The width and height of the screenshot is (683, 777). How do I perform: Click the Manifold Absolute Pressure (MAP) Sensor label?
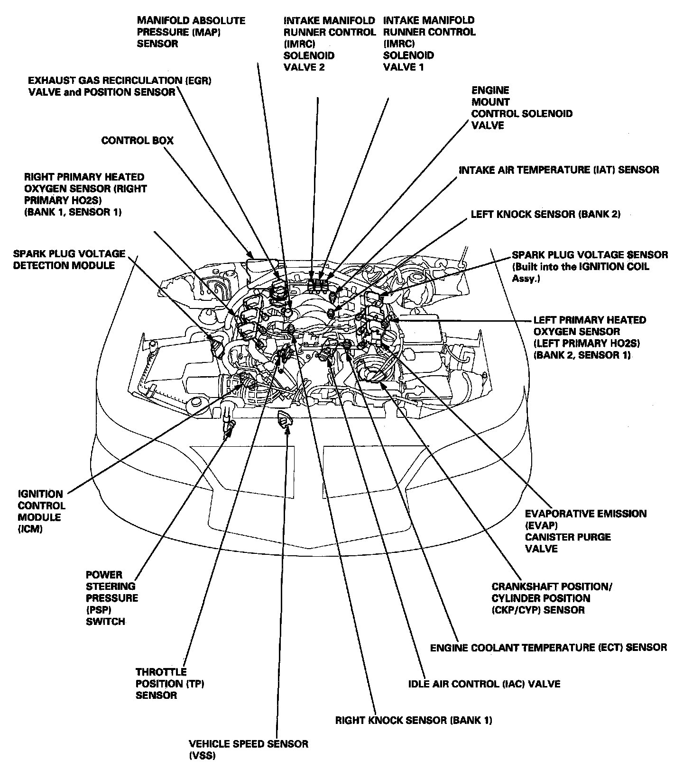click(x=191, y=32)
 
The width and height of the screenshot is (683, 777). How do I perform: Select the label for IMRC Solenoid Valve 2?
click(x=329, y=44)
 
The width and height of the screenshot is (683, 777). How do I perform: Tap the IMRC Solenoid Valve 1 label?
click(x=429, y=44)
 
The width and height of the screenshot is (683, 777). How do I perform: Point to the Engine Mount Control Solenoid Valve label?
click(x=521, y=108)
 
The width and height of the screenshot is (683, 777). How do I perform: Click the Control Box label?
click(x=138, y=141)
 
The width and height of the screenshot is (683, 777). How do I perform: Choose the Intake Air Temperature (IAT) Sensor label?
click(x=559, y=170)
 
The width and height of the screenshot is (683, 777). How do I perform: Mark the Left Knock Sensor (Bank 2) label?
click(x=545, y=214)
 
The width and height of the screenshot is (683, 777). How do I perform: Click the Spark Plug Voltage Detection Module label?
click(x=69, y=259)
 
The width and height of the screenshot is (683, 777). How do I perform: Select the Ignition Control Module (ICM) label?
click(x=42, y=511)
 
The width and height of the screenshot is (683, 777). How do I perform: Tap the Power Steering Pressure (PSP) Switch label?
click(x=112, y=598)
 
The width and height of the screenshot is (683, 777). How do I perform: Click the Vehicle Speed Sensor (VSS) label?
click(x=249, y=750)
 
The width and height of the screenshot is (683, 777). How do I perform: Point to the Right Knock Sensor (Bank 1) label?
click(x=413, y=720)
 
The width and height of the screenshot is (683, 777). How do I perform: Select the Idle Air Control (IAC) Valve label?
click(x=484, y=684)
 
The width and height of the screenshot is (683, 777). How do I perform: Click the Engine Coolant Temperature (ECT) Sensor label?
click(x=548, y=647)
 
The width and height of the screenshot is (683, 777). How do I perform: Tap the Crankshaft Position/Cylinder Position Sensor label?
click(x=552, y=598)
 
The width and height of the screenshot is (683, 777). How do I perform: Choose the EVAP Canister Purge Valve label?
click(x=585, y=531)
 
